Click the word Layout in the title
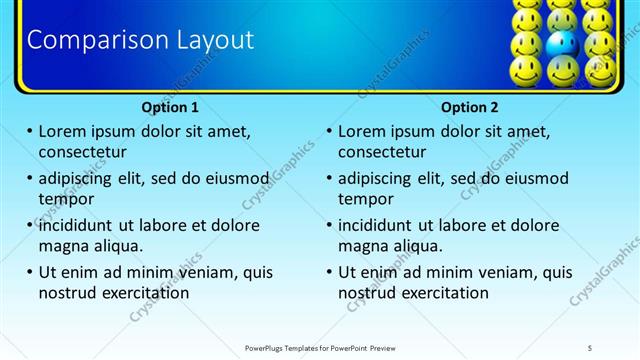(x=211, y=40)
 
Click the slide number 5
(x=590, y=347)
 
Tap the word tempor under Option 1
(x=65, y=199)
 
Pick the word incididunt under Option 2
(x=381, y=225)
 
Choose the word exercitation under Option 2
(x=443, y=293)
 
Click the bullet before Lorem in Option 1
(x=30, y=131)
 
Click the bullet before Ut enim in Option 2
(x=330, y=272)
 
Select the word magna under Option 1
(x=64, y=246)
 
